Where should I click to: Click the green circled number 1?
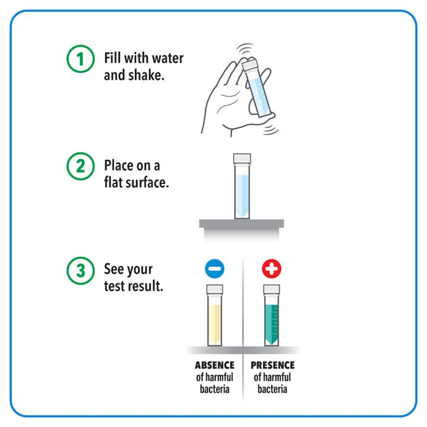point(80,59)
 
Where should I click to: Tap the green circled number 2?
point(80,166)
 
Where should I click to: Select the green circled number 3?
point(80,270)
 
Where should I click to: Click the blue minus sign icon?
point(215,269)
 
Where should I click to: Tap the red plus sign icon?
point(272,269)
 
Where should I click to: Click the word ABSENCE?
point(215,365)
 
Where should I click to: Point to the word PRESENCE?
point(272,365)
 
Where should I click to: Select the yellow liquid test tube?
point(215,316)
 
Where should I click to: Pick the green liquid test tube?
point(272,316)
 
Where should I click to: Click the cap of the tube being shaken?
point(249,64)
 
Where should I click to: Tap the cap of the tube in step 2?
point(242,158)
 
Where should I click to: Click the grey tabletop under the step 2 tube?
point(241,223)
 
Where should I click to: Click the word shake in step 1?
point(146,75)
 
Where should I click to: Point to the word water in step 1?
point(168,58)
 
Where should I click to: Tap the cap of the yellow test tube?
point(215,289)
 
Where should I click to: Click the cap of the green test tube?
point(272,289)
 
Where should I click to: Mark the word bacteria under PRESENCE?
point(272,389)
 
